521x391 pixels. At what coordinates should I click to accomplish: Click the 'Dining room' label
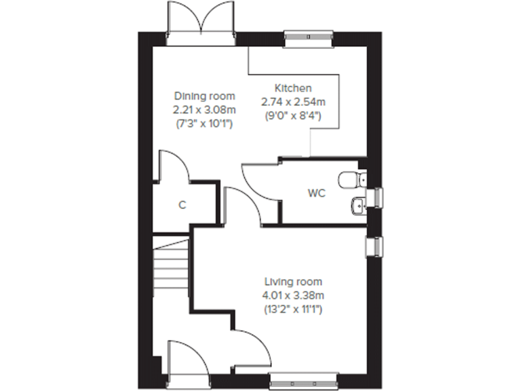pyautogui.click(x=204, y=96)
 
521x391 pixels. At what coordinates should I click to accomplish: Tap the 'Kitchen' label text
pyautogui.click(x=293, y=88)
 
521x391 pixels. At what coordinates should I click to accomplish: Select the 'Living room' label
pyautogui.click(x=293, y=282)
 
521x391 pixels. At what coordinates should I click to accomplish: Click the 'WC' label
pyautogui.click(x=317, y=193)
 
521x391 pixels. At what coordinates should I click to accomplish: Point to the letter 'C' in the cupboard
pyautogui.click(x=182, y=204)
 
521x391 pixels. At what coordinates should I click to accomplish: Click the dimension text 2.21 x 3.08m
pyautogui.click(x=204, y=109)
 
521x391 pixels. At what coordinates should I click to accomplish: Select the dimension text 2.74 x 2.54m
pyautogui.click(x=293, y=102)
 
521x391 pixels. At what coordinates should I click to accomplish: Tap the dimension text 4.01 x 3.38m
pyautogui.click(x=293, y=295)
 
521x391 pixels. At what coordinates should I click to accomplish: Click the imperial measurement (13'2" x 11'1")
pyautogui.click(x=293, y=309)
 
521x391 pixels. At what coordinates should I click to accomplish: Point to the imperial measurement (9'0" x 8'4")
pyautogui.click(x=293, y=115)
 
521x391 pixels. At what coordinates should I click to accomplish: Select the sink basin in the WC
pyautogui.click(x=358, y=204)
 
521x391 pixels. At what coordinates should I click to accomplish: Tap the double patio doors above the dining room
pyautogui.click(x=201, y=20)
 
